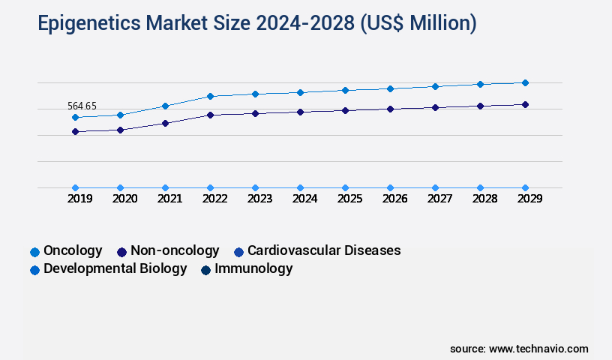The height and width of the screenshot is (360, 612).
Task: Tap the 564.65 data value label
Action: (x=82, y=106)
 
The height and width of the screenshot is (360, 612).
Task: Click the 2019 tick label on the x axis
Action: (x=80, y=199)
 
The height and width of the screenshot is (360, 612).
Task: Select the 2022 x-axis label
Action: (x=214, y=199)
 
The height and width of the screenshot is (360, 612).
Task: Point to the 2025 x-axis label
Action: (x=349, y=199)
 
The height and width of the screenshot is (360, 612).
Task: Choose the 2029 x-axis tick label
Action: (x=529, y=199)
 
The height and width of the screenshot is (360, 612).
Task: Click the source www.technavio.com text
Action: (x=519, y=349)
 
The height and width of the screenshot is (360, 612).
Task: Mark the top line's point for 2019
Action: (x=75, y=117)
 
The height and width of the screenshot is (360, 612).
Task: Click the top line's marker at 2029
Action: (x=525, y=82)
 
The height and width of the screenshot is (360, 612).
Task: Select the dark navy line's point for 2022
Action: (x=210, y=115)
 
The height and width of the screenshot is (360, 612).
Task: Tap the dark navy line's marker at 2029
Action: (x=525, y=104)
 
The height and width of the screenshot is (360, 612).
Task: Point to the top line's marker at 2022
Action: (x=210, y=96)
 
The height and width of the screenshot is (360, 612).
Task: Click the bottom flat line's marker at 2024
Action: (x=300, y=187)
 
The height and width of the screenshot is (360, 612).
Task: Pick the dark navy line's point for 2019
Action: (x=75, y=131)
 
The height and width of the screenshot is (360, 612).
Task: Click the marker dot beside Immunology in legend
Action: (x=205, y=269)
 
